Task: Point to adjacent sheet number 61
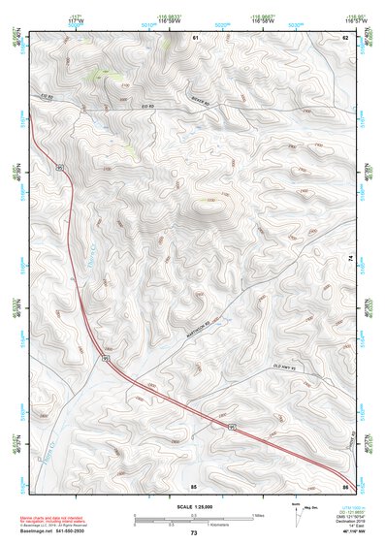(195, 37)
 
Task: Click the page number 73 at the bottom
(193, 533)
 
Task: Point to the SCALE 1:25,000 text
(193, 506)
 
